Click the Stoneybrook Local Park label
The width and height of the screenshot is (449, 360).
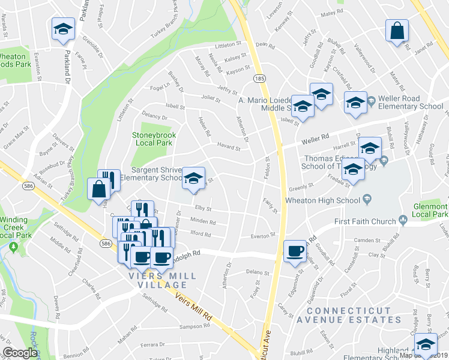coord(152,139)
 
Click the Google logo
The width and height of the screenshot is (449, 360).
coord(20,353)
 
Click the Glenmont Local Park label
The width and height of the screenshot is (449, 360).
coord(430,210)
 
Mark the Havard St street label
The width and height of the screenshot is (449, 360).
coord(229,148)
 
